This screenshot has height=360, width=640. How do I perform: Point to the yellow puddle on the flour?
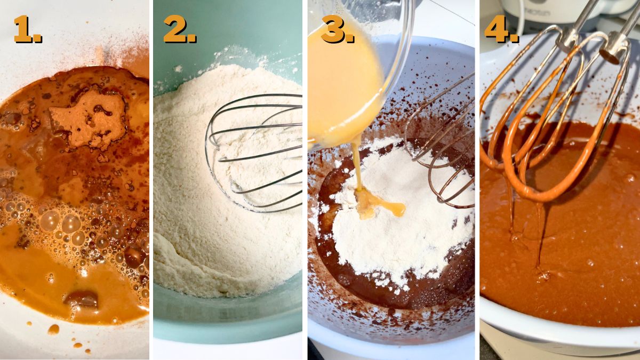pos(380,205)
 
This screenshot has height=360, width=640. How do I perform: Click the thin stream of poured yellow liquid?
pos(357,165)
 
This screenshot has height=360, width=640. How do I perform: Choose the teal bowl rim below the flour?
pos(229,320)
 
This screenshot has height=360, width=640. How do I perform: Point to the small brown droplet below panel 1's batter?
pos(53,330)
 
